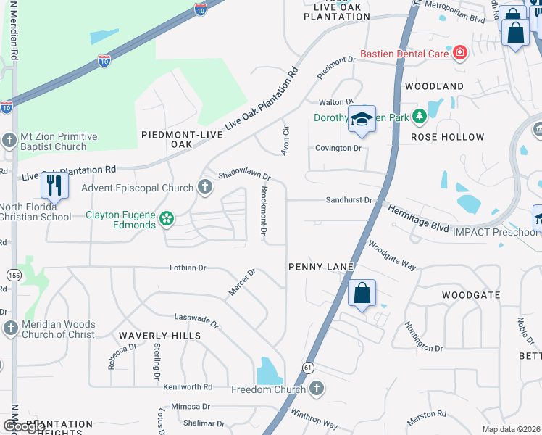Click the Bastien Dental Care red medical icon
click(x=459, y=52)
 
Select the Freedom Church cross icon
click(x=315, y=390)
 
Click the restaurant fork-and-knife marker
click(x=54, y=186)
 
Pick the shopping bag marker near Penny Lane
click(x=362, y=294)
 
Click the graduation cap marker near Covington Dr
click(x=361, y=120)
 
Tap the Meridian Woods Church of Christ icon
click(x=10, y=329)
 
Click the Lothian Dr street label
click(x=188, y=268)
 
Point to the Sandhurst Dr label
click(x=349, y=200)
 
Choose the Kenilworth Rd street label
click(x=188, y=387)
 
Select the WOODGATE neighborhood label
click(x=471, y=295)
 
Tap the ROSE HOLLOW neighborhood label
click(x=447, y=137)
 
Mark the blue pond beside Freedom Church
click(x=270, y=371)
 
